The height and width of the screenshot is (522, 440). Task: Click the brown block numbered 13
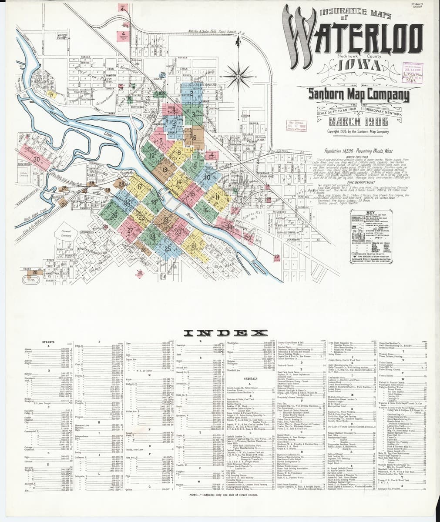pos(165,170)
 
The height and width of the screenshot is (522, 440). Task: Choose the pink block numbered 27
pos(130,230)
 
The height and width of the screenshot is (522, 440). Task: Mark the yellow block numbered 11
pos(216,184)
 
